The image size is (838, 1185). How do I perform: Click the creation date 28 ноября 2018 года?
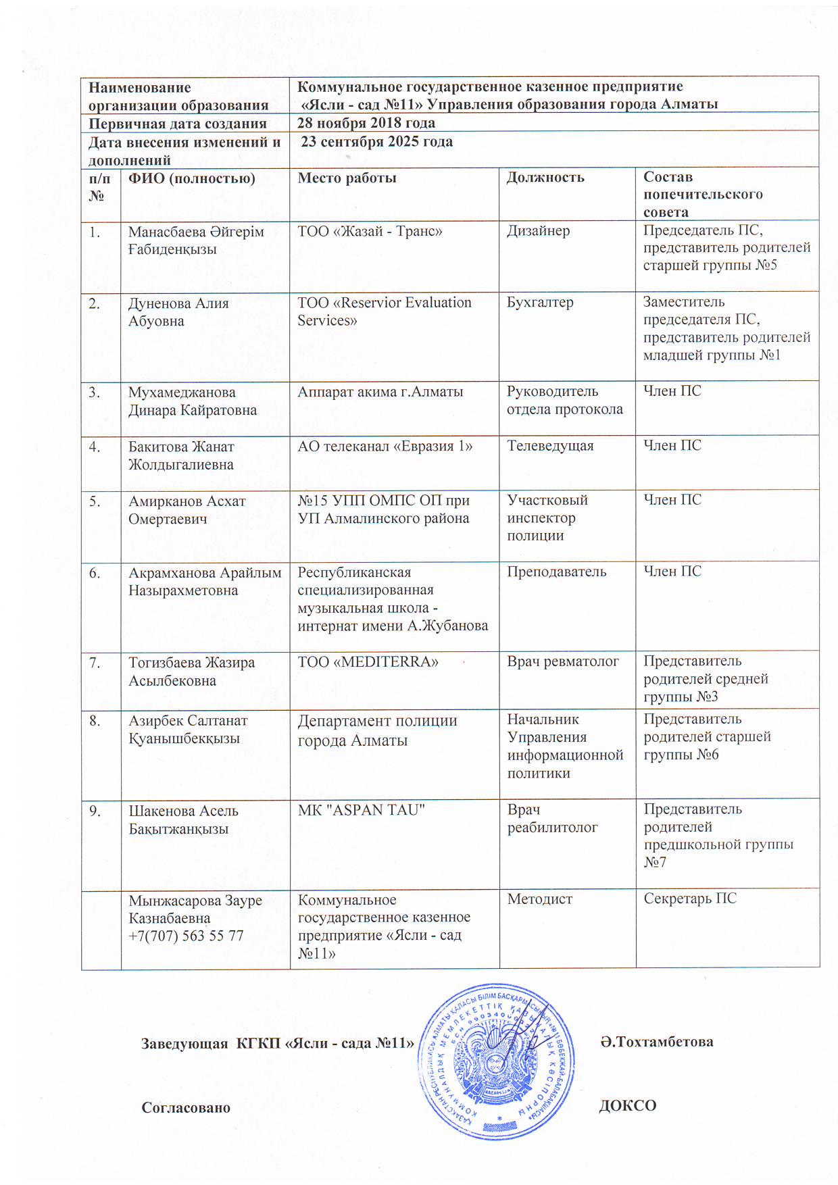[x=366, y=123]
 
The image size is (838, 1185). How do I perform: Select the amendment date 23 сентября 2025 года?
[x=376, y=142]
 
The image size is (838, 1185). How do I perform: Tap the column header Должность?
[x=545, y=178]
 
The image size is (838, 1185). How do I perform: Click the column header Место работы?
[x=347, y=178]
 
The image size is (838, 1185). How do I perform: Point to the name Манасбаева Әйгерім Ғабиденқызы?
[x=196, y=241]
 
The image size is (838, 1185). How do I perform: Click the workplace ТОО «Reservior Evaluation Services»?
[x=384, y=311]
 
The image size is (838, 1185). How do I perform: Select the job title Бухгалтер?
[x=540, y=303]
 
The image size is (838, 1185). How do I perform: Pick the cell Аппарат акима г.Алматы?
[x=380, y=391]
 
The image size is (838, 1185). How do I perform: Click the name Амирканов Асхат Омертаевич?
[x=187, y=510]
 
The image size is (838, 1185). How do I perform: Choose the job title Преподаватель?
[x=557, y=572]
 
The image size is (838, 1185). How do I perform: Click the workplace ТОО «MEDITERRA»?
[x=368, y=662]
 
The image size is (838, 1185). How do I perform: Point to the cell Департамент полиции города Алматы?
[x=377, y=730]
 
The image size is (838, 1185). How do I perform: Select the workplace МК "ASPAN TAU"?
[x=361, y=810]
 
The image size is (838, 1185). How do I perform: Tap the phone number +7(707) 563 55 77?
[x=186, y=936]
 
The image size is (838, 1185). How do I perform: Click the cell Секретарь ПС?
[x=689, y=899]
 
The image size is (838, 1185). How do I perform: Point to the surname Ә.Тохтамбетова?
[x=656, y=1042]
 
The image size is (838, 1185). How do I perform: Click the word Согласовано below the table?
[x=186, y=1107]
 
